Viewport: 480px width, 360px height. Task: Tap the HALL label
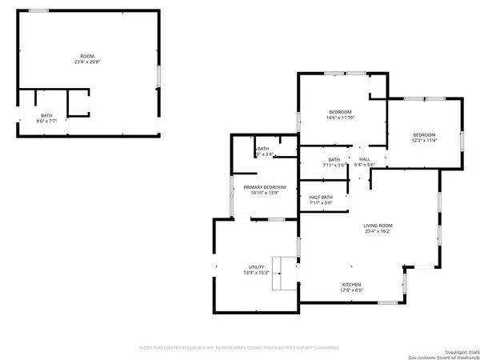click(x=365, y=160)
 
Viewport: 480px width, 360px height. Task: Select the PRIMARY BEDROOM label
click(x=264, y=187)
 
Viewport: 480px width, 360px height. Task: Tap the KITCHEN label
click(x=353, y=285)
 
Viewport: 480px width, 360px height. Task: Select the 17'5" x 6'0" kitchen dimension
click(x=353, y=290)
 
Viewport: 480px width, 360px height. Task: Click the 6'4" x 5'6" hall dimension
click(x=365, y=166)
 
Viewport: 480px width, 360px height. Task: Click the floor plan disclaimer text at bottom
click(x=240, y=348)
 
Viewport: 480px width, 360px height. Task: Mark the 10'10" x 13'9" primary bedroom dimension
click(x=264, y=193)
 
